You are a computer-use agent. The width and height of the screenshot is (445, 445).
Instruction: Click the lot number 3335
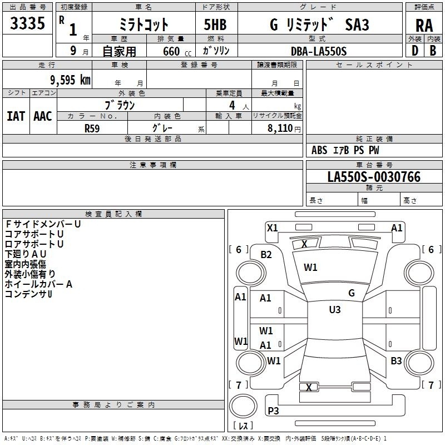pyautogui.click(x=27, y=24)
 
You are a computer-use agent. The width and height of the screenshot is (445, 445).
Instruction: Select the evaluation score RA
pyautogui.click(x=424, y=26)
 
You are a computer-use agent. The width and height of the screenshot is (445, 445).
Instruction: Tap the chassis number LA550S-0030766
pyautogui.click(x=374, y=177)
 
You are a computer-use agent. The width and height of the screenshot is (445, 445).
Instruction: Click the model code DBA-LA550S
pyautogui.click(x=318, y=51)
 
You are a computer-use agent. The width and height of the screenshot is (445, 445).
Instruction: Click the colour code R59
pyautogui.click(x=92, y=128)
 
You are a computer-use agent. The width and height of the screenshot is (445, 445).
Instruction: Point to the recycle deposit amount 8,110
pyautogui.click(x=280, y=128)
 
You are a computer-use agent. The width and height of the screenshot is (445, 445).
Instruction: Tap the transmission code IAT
pyautogui.click(x=16, y=116)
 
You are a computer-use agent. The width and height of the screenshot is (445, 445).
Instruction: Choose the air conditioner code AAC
pyautogui.click(x=42, y=116)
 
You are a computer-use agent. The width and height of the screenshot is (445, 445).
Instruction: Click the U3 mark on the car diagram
pyautogui.click(x=335, y=310)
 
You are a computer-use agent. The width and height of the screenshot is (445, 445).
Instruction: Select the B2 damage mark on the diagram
pyautogui.click(x=266, y=255)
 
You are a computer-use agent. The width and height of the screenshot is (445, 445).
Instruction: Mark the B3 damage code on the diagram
pyautogui.click(x=396, y=361)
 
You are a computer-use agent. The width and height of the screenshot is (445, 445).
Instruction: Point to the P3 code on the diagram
pyautogui.click(x=273, y=411)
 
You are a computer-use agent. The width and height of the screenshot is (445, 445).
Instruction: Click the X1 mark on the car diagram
pyautogui.click(x=272, y=228)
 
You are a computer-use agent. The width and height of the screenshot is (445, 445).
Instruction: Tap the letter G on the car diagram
pyautogui.click(x=352, y=293)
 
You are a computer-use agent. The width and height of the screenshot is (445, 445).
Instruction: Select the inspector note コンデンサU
pyautogui.click(x=28, y=294)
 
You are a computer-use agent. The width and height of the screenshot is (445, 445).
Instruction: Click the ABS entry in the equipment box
pyautogui.click(x=319, y=150)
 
